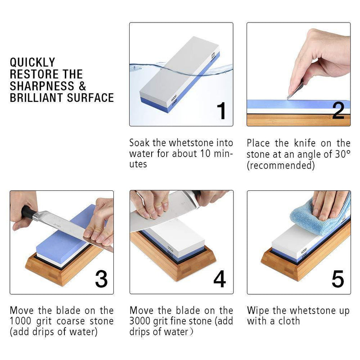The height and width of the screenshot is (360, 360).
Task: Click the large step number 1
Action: (x=222, y=111)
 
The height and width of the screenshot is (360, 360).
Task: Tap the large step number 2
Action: (x=338, y=111)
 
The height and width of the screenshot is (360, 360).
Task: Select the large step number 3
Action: (x=101, y=279)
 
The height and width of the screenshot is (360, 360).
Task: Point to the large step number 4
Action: (x=219, y=279)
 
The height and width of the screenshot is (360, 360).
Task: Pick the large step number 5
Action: (x=338, y=279)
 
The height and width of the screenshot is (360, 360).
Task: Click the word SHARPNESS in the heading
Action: (x=42, y=86)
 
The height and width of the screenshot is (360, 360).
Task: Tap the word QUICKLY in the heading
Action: (x=32, y=63)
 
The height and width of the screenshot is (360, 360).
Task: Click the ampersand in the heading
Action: (x=82, y=86)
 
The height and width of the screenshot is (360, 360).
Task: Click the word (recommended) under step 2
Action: (x=280, y=165)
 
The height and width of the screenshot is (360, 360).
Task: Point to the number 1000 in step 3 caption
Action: (x=20, y=321)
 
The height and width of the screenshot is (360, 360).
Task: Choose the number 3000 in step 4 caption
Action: (x=140, y=321)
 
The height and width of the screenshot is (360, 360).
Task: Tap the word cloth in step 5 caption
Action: (x=289, y=321)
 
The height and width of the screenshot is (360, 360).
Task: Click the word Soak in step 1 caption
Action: (x=139, y=143)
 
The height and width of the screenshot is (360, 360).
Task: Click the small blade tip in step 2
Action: (x=288, y=99)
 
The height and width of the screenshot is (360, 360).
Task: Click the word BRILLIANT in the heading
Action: (x=36, y=98)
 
